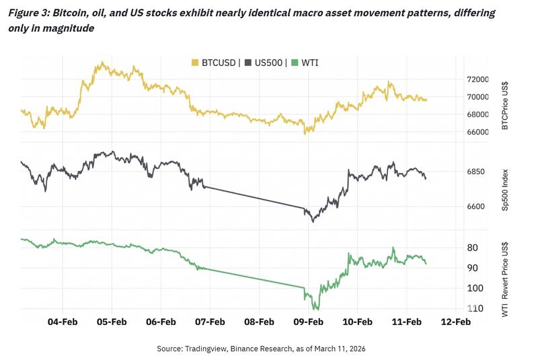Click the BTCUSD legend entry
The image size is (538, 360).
coord(215,63)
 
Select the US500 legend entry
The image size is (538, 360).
coord(265,63)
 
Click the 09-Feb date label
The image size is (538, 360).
coord(308,322)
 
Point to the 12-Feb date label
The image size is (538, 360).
coord(455,322)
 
